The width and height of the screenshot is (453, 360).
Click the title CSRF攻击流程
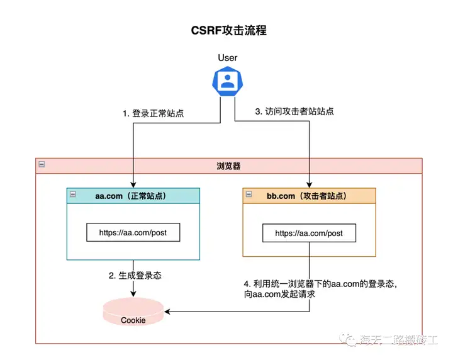228,30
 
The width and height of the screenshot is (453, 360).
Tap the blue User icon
227,80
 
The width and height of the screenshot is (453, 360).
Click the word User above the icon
227,58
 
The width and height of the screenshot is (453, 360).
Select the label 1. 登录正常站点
154,114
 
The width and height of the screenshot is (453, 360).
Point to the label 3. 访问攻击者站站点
294,111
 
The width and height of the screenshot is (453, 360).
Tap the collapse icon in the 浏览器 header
42,165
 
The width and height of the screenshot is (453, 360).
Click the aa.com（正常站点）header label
133,196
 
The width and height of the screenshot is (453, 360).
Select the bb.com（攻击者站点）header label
308,196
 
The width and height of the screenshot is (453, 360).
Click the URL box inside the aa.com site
133,232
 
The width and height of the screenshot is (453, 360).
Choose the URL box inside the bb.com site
309,233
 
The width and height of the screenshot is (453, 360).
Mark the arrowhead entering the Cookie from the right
167,311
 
